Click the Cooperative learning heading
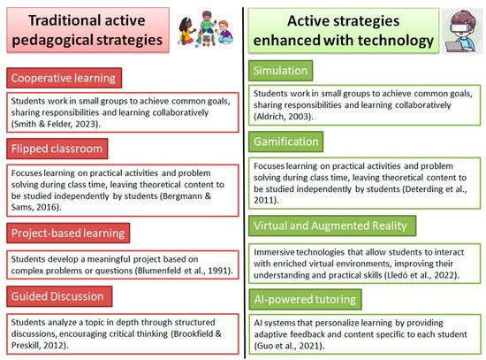pyautogui.click(x=64, y=78)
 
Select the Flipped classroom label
pyautogui.click(x=57, y=149)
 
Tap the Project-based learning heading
pyautogui.click(x=68, y=233)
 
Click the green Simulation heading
pyautogui.click(x=280, y=71)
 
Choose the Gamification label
pyautogui.click(x=285, y=142)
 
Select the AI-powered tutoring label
pyautogui.click(x=305, y=300)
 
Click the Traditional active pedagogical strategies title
pyautogui.click(x=87, y=30)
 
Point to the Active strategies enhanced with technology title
pyautogui.click(x=344, y=30)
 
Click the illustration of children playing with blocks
pyautogui.click(x=206, y=29)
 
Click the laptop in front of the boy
pyautogui.click(x=454, y=47)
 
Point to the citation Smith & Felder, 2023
pyautogui.click(x=56, y=124)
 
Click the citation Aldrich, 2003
pyautogui.click(x=284, y=117)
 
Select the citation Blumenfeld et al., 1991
pyautogui.click(x=184, y=271)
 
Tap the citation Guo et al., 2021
pyautogui.click(x=289, y=346)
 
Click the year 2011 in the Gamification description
pyautogui.click(x=264, y=200)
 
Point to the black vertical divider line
pyautogui.click(x=244, y=183)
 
